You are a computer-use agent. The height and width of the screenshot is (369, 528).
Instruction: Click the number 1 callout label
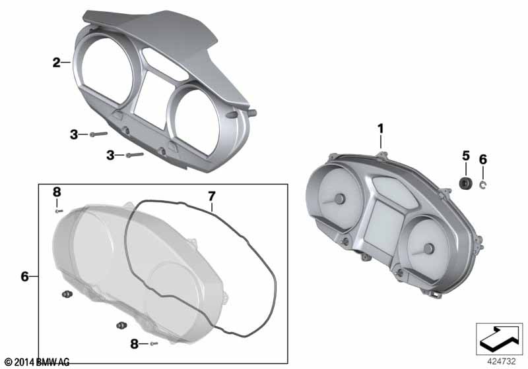point(381,128)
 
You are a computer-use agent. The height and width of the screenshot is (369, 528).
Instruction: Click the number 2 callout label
point(57,63)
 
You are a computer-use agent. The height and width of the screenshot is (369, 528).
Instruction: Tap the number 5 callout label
point(466,156)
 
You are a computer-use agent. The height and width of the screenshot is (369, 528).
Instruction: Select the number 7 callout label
point(211,196)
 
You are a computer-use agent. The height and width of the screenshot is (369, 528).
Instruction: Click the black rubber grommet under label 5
point(465,183)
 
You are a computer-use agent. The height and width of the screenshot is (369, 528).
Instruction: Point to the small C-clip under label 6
point(482,184)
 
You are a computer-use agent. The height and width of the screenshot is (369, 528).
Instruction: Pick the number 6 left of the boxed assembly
point(24,277)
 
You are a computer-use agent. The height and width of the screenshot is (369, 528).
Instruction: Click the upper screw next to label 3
point(98,134)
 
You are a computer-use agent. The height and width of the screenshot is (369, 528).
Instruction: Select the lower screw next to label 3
point(135,155)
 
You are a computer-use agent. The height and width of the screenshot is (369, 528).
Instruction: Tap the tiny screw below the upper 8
point(59,211)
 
